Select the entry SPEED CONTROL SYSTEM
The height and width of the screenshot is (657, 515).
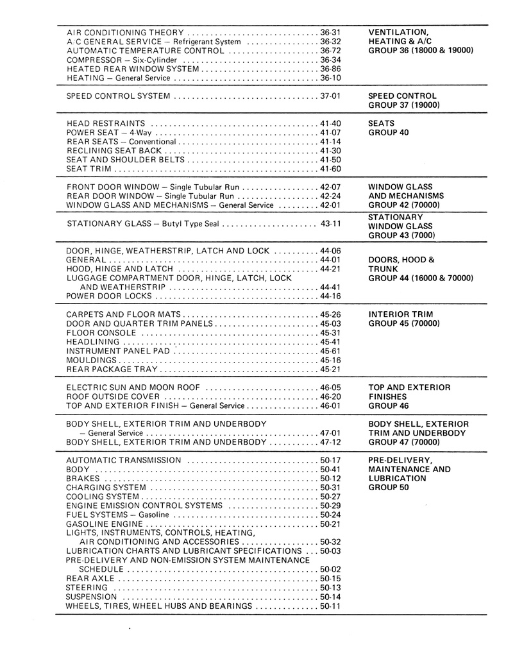pos(119,96)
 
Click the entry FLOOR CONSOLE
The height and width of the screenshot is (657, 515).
pos(100,333)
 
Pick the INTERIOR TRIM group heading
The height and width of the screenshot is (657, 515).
pos(401,314)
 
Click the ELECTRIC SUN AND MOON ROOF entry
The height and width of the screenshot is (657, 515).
pos(133,388)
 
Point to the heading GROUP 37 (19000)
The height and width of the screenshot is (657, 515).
pos(403,105)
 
